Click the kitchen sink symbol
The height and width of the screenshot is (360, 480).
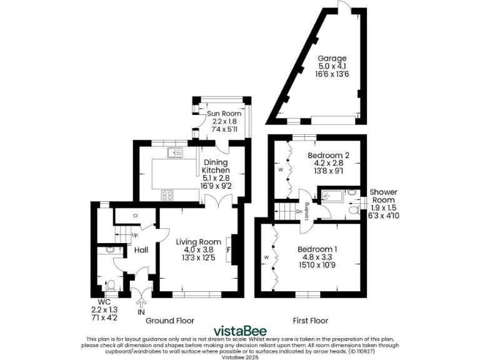[x=174, y=151]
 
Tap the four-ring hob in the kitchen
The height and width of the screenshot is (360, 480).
[x=167, y=194]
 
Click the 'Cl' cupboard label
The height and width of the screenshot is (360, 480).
[x=134, y=216]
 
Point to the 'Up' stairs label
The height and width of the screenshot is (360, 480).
[x=134, y=235]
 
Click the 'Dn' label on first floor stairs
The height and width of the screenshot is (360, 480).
[x=299, y=211]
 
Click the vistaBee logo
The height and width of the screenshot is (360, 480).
[x=240, y=331]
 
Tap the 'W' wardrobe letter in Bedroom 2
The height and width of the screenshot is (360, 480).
[x=281, y=169]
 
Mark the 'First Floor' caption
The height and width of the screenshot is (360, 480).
[x=311, y=321]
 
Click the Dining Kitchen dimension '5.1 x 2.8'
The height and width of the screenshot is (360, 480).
[x=216, y=177]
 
